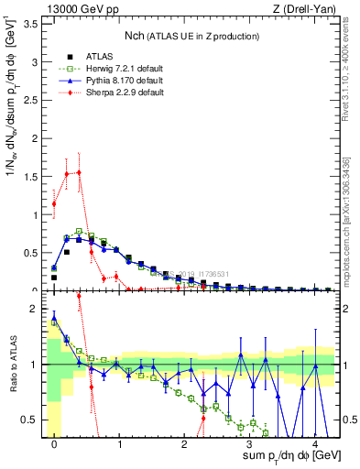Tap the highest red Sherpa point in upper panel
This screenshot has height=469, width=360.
(80, 172)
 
